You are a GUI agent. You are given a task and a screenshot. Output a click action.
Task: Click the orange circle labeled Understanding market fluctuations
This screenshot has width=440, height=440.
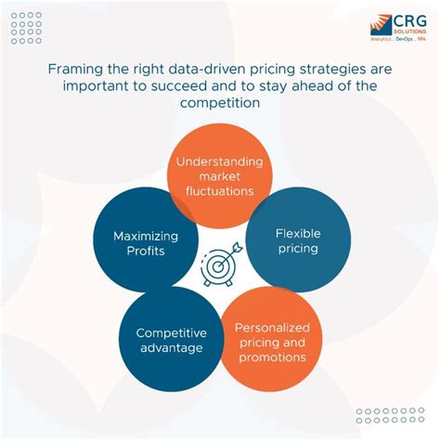pos(219,175)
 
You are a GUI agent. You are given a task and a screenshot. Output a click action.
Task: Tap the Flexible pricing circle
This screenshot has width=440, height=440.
pos(298,241)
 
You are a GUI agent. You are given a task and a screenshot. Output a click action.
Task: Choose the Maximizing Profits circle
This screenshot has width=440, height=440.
pos(145,243)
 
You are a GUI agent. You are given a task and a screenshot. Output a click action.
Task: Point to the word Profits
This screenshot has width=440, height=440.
pos(146,252)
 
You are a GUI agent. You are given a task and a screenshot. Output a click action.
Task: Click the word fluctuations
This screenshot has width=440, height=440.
pos(219,190)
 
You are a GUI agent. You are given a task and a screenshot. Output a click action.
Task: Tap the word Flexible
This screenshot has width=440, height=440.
pos(298,233)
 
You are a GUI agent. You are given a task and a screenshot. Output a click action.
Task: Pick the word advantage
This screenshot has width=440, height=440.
pos(171,348)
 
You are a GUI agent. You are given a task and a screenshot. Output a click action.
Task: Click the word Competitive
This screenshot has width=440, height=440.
pos(171,332)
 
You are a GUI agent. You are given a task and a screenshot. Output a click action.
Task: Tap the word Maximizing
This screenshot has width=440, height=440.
pos(146,236)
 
